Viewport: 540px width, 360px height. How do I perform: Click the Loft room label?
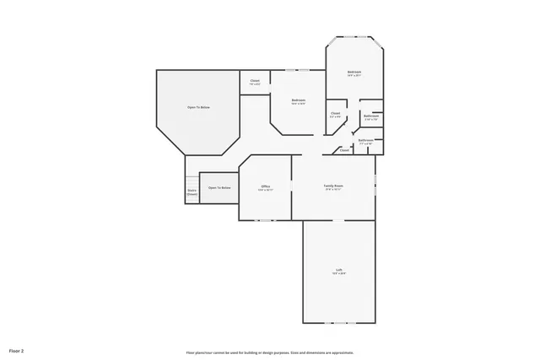pyautogui.click(x=338, y=270)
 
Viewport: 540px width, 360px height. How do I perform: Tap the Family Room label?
pyautogui.click(x=333, y=185)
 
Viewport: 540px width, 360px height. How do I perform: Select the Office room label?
pyautogui.click(x=265, y=186)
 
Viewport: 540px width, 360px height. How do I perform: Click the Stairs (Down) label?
pyautogui.click(x=192, y=192)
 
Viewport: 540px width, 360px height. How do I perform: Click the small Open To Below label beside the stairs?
pyautogui.click(x=219, y=187)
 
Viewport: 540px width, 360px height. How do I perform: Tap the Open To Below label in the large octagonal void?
pyautogui.click(x=198, y=108)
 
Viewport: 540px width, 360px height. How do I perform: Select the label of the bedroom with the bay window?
pyautogui.click(x=354, y=73)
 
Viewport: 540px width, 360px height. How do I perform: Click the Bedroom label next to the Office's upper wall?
pyautogui.click(x=299, y=100)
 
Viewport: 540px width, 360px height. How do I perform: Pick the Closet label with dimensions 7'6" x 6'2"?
pyautogui.click(x=255, y=82)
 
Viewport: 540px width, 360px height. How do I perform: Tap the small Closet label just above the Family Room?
pyautogui.click(x=344, y=150)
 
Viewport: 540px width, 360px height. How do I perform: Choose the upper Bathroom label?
pyautogui.click(x=371, y=116)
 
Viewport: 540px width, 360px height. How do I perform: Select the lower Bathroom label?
pyautogui.click(x=366, y=141)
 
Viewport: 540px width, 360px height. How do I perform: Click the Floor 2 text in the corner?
pyautogui.click(x=16, y=348)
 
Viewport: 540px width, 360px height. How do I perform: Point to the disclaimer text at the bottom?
pyautogui.click(x=270, y=352)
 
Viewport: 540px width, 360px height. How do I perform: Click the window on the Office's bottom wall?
pyautogui.click(x=265, y=220)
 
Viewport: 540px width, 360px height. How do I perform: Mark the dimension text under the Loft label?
pyautogui.click(x=338, y=274)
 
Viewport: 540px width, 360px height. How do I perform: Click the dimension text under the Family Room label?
pyautogui.click(x=333, y=190)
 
